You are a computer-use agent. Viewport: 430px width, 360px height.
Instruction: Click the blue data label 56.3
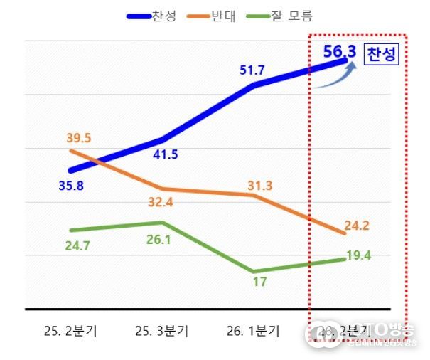339,51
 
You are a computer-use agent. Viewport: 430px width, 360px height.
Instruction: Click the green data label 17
259,282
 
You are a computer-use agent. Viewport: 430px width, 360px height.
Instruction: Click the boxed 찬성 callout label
382,55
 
